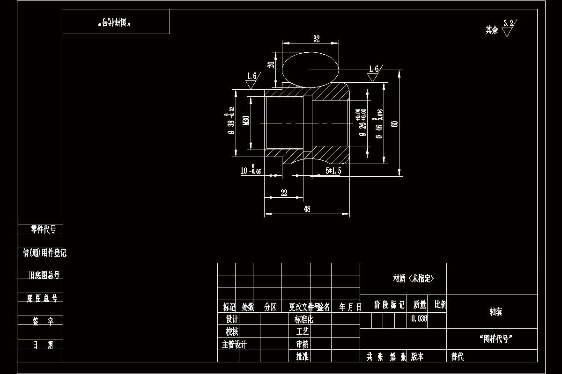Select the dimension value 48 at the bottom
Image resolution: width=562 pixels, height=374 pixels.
[x=307, y=209]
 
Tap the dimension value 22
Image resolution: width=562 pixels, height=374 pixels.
[x=284, y=193]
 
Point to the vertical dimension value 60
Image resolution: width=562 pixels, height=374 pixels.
[x=395, y=124]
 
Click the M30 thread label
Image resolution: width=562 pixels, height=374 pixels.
[x=246, y=121]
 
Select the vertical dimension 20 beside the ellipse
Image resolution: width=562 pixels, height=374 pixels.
[x=270, y=64]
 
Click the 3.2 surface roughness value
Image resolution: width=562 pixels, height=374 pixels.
[x=508, y=23]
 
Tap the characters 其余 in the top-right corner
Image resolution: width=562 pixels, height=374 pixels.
[x=491, y=30]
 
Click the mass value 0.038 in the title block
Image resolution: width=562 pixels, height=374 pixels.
[x=419, y=319]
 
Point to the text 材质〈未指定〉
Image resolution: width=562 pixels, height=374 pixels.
[x=414, y=279]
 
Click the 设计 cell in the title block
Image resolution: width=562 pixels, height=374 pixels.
[x=232, y=319]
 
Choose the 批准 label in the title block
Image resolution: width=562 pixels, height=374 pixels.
[x=302, y=357]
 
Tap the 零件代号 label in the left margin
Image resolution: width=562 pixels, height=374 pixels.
[x=43, y=229]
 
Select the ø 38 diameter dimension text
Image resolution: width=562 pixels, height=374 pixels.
[x=231, y=123]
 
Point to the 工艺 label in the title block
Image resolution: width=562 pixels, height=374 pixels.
[x=303, y=331]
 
